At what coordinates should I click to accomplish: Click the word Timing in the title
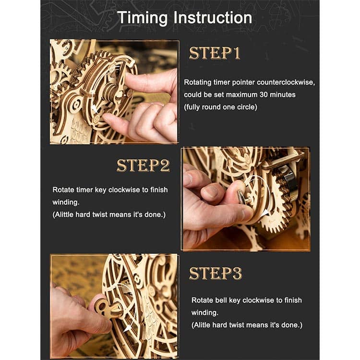pos(143,18)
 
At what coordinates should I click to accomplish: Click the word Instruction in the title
pos(213,17)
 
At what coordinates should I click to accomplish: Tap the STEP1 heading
pos(215,53)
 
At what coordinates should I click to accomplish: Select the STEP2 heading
pos(143,165)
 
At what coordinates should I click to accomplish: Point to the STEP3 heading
pos(216,273)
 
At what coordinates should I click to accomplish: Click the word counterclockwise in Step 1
pos(286,82)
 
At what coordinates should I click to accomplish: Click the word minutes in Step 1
pos(283,95)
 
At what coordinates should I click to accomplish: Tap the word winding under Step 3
pos(205,312)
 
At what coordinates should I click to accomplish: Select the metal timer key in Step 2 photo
pos(241,197)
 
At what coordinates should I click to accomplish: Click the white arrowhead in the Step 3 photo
pos(128,328)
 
